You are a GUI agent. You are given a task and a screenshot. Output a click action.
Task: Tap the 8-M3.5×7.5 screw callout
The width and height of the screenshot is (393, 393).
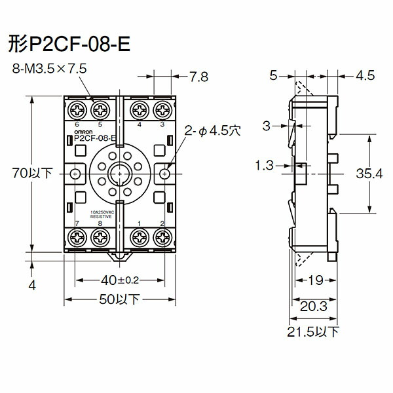pos(48,68)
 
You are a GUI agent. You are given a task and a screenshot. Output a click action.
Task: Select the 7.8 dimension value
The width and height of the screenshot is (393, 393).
pos(199,77)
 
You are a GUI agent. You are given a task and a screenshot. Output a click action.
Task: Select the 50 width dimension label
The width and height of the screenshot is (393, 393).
pos(119,300)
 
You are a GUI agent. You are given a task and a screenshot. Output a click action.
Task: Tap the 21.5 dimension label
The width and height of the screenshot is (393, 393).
pos(312,333)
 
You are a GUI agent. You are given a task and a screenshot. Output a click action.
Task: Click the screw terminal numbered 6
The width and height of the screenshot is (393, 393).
pos(77,108)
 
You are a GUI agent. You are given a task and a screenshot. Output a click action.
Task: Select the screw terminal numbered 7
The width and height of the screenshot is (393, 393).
pos(77,240)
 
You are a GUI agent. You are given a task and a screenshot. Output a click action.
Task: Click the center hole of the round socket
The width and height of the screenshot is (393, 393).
pos(119,174)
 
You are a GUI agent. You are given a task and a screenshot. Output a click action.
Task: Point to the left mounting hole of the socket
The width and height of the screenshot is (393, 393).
pos(77,174)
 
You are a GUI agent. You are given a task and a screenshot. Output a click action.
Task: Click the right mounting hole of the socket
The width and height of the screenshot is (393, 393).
pos(164,174)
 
